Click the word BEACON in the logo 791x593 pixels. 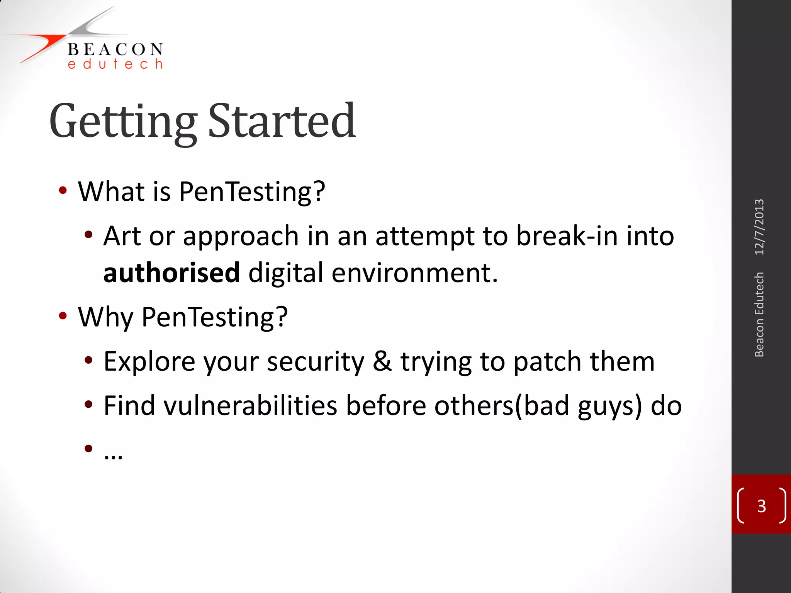coord(115,49)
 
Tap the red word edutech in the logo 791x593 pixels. coord(115,64)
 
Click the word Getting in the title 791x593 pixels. coord(123,121)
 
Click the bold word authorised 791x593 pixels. coord(171,273)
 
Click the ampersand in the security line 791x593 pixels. coord(382,361)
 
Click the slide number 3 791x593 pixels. coord(761,506)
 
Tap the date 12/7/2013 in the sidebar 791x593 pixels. coord(759,227)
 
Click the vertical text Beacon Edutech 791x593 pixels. coord(759,315)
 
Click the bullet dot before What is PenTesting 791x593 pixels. coord(63,191)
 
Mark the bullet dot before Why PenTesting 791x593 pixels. coord(63,316)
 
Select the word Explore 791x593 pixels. coord(149,362)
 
